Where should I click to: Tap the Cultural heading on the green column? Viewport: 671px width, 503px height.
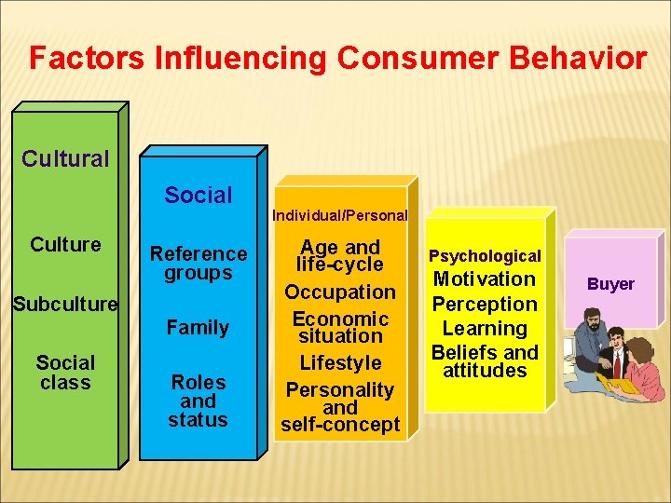point(65,158)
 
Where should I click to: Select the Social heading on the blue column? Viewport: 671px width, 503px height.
point(198,196)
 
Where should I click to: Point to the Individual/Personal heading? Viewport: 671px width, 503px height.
point(339,215)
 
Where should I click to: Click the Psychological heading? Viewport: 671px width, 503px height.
point(485,256)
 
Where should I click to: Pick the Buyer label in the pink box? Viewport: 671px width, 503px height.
point(610,284)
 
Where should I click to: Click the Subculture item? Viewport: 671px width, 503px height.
point(65,305)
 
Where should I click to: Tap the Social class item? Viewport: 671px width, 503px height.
point(65,373)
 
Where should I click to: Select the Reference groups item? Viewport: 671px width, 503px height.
point(199,263)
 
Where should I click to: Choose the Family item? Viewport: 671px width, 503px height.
point(198,328)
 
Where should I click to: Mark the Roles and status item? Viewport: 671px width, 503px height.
point(198,401)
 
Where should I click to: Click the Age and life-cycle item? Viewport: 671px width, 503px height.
point(339,255)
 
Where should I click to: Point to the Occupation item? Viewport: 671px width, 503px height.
point(340,292)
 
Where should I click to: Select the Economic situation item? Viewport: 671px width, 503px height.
point(340,327)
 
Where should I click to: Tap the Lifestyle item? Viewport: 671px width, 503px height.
point(340,363)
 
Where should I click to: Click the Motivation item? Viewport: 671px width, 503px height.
point(485,279)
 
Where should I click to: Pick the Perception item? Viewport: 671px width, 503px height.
point(485,305)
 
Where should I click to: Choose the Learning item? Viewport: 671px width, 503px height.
point(485,329)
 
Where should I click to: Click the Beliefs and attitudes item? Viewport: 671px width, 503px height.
point(485,361)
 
